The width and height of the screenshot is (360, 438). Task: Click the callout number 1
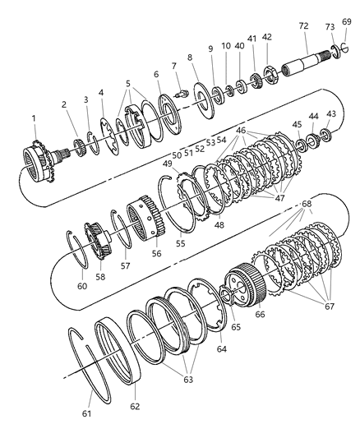click(34, 118)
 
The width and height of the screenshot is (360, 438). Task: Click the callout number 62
click(134, 407)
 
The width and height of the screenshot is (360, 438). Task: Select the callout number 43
click(331, 113)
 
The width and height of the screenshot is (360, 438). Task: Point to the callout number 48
click(219, 224)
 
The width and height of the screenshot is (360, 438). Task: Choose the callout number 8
click(191, 58)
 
